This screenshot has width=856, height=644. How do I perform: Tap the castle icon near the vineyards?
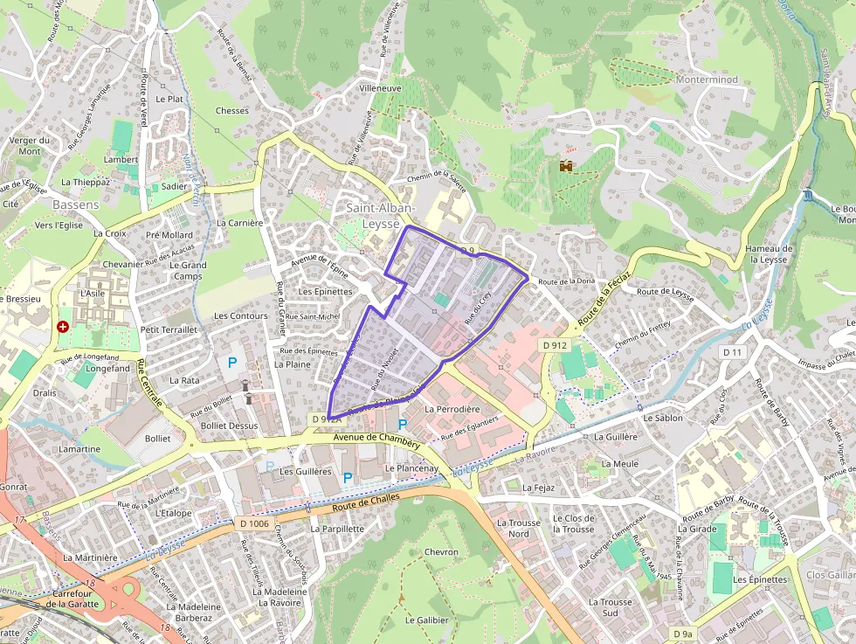point(567,165)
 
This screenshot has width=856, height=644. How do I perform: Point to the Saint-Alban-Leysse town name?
point(380,215)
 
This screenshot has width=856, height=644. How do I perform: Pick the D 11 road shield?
point(732,351)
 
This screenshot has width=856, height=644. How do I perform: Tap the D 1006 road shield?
point(253,523)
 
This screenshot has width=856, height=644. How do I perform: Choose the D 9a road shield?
point(682,633)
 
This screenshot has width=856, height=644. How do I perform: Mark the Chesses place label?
point(231,111)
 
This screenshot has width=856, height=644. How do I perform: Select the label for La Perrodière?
point(452,409)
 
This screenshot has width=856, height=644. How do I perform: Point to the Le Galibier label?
point(426,620)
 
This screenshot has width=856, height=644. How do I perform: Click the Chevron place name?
point(440,552)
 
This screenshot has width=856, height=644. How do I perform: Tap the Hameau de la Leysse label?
point(769,253)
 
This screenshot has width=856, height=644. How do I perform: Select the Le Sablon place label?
point(663,418)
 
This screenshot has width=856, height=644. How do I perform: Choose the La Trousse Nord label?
point(518,528)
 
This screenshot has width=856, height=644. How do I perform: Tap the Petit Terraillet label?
point(169,329)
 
